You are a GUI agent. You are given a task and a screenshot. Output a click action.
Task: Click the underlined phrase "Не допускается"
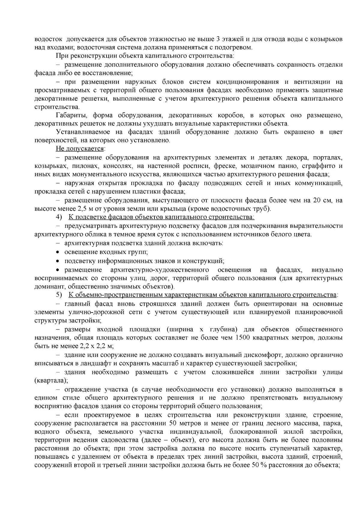(x=79, y=149)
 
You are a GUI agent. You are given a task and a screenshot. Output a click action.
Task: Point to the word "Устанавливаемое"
(x=79, y=132)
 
